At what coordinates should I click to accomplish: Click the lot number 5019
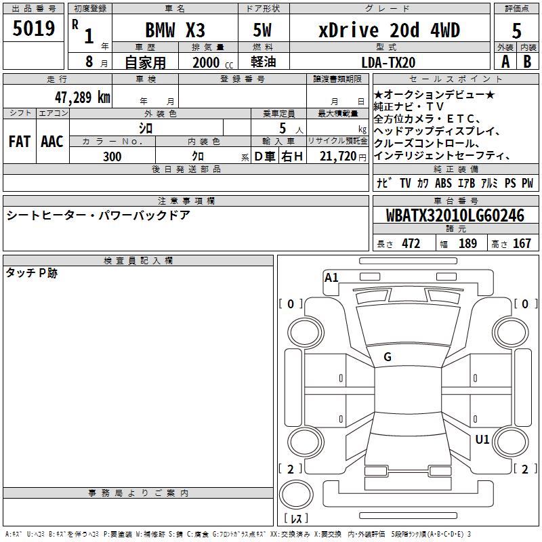(34, 28)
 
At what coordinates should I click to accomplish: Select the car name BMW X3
(175, 30)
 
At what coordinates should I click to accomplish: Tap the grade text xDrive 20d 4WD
(389, 30)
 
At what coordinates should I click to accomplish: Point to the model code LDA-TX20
(388, 62)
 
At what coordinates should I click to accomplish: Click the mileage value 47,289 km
(83, 98)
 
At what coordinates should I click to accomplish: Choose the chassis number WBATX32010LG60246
(455, 215)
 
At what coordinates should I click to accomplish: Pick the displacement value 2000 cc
(213, 62)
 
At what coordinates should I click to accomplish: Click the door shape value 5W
(262, 30)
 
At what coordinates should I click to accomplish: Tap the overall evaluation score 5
(516, 31)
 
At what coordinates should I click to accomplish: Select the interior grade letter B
(527, 62)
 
